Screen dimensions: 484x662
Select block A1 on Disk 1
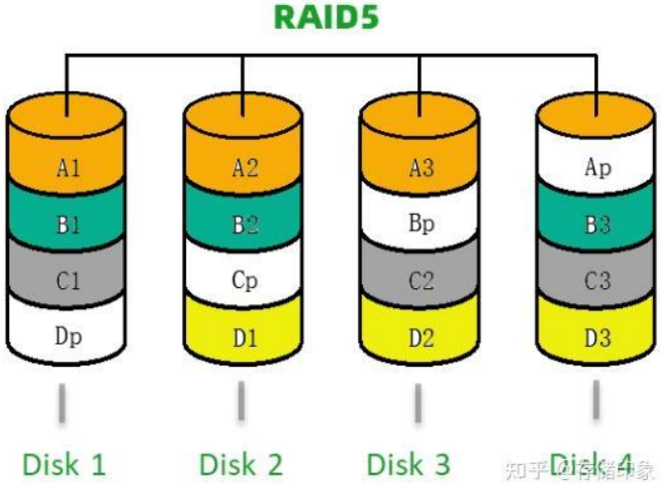(68, 168)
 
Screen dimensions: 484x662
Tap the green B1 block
(68, 225)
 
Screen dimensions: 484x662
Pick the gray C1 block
(68, 281)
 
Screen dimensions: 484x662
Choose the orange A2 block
(245, 168)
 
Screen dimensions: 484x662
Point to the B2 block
(245, 225)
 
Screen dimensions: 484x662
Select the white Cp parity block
(245, 281)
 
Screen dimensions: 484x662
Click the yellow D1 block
(245, 338)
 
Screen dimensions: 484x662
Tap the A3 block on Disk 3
(420, 168)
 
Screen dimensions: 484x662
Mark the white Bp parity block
(420, 225)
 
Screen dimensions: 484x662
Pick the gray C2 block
(420, 281)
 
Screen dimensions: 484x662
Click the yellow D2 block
(420, 338)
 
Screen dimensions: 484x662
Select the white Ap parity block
(597, 168)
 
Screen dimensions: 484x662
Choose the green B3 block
(597, 225)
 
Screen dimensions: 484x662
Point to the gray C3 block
(597, 281)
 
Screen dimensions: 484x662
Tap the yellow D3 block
(597, 338)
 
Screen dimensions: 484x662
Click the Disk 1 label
(64, 463)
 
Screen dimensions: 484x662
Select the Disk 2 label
(241, 463)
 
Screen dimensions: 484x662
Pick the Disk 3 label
(408, 463)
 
